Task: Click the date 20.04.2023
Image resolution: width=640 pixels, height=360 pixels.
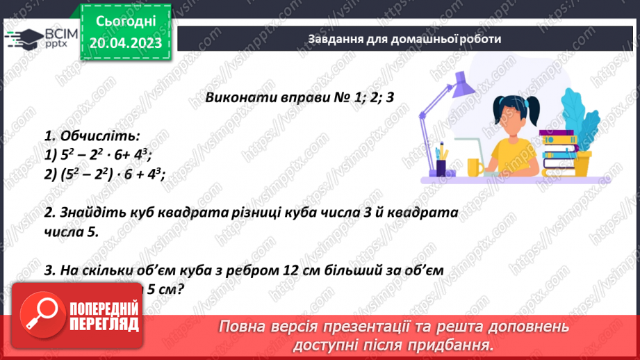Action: [126, 43]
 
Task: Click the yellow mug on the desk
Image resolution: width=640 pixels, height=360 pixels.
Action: [475, 167]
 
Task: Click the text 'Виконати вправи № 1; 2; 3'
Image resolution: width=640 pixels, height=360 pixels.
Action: [300, 97]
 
